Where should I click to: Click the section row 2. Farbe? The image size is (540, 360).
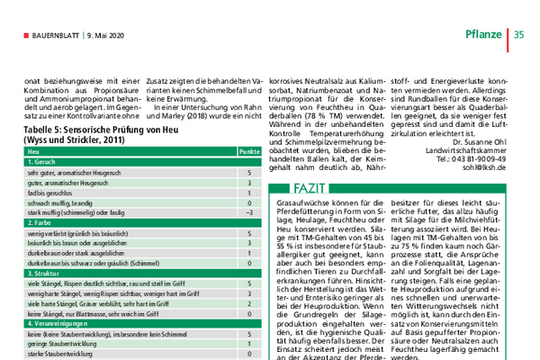(x=40, y=221)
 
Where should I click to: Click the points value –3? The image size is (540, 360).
(x=247, y=212)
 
